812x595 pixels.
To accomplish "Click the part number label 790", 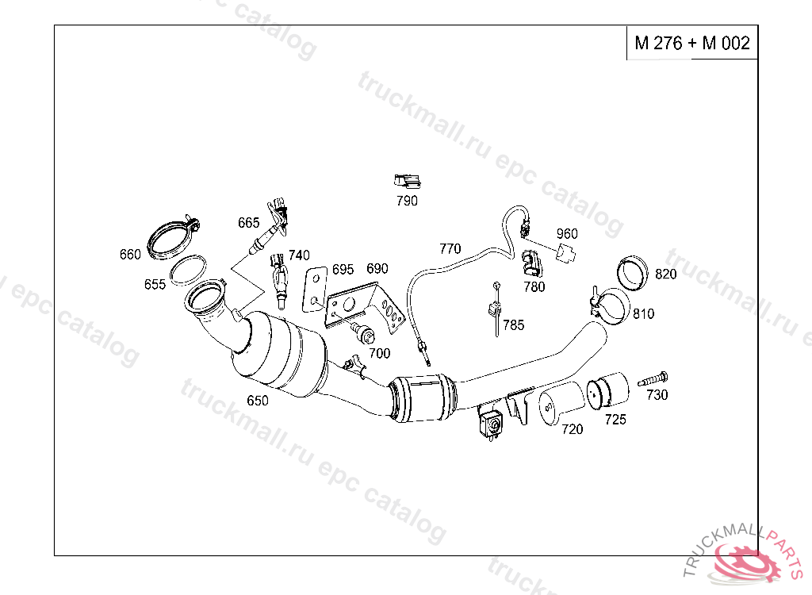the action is point(407,201).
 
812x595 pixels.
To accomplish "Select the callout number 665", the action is point(248,223).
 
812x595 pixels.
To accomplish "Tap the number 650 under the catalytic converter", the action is point(258,401).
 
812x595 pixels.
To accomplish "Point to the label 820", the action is point(666,274).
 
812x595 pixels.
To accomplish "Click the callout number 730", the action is point(657,395).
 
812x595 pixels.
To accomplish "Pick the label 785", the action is point(514,325).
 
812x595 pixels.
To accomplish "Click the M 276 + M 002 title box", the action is point(692,43).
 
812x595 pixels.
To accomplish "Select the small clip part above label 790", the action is point(407,182).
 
